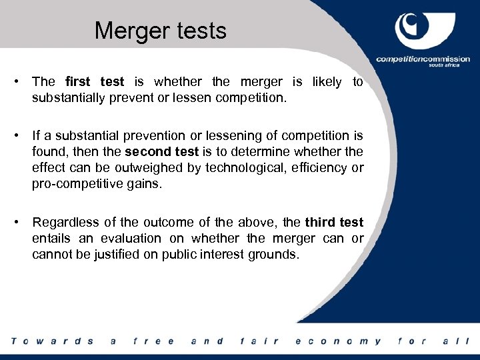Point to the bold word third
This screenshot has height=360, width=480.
click(320, 223)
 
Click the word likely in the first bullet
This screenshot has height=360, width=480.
click(325, 82)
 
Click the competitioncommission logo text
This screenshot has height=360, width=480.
click(422, 59)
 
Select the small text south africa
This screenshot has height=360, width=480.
click(455, 67)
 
